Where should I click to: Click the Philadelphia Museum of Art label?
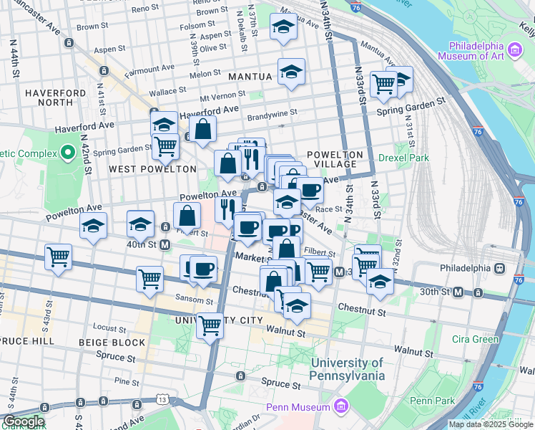click(x=471, y=44)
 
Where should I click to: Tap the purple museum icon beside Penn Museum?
click(x=341, y=408)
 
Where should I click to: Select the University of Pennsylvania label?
click(x=348, y=369)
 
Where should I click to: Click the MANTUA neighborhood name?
click(x=250, y=76)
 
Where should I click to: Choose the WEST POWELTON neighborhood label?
click(x=152, y=169)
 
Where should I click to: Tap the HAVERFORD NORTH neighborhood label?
click(x=56, y=98)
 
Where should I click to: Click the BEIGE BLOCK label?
click(x=116, y=343)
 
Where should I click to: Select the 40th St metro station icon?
click(x=165, y=244)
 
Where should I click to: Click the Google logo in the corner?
click(x=23, y=421)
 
